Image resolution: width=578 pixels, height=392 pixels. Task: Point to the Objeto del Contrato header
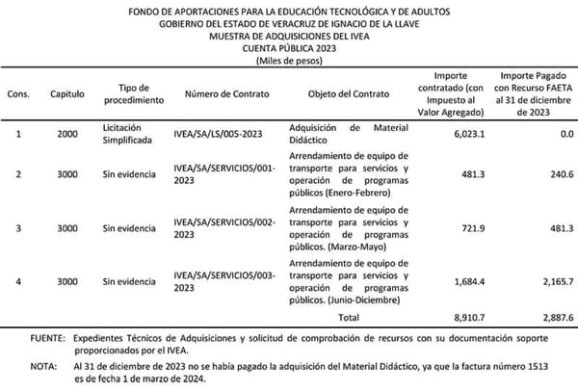click(x=345, y=93)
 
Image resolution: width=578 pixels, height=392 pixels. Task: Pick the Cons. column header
click(x=17, y=93)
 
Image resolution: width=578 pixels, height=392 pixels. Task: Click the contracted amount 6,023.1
click(x=451, y=134)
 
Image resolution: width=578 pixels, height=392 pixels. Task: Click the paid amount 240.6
click(x=554, y=174)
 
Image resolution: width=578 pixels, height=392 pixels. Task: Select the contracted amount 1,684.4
click(x=451, y=281)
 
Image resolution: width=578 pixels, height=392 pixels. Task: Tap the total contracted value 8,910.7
click(x=451, y=315)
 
